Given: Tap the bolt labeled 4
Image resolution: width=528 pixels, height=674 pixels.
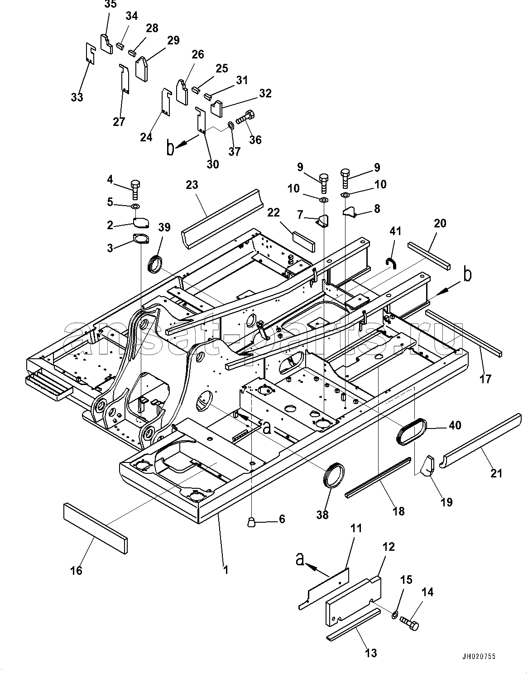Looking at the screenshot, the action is pyautogui.click(x=136, y=189).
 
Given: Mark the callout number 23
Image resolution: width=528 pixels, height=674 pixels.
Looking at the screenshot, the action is pyautogui.click(x=192, y=185).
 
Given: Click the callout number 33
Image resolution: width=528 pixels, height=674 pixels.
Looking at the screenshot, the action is pyautogui.click(x=77, y=97).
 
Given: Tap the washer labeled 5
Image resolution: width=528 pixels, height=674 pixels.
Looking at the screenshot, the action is pyautogui.click(x=136, y=206).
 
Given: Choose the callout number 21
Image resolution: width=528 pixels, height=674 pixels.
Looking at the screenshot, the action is pyautogui.click(x=496, y=474).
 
